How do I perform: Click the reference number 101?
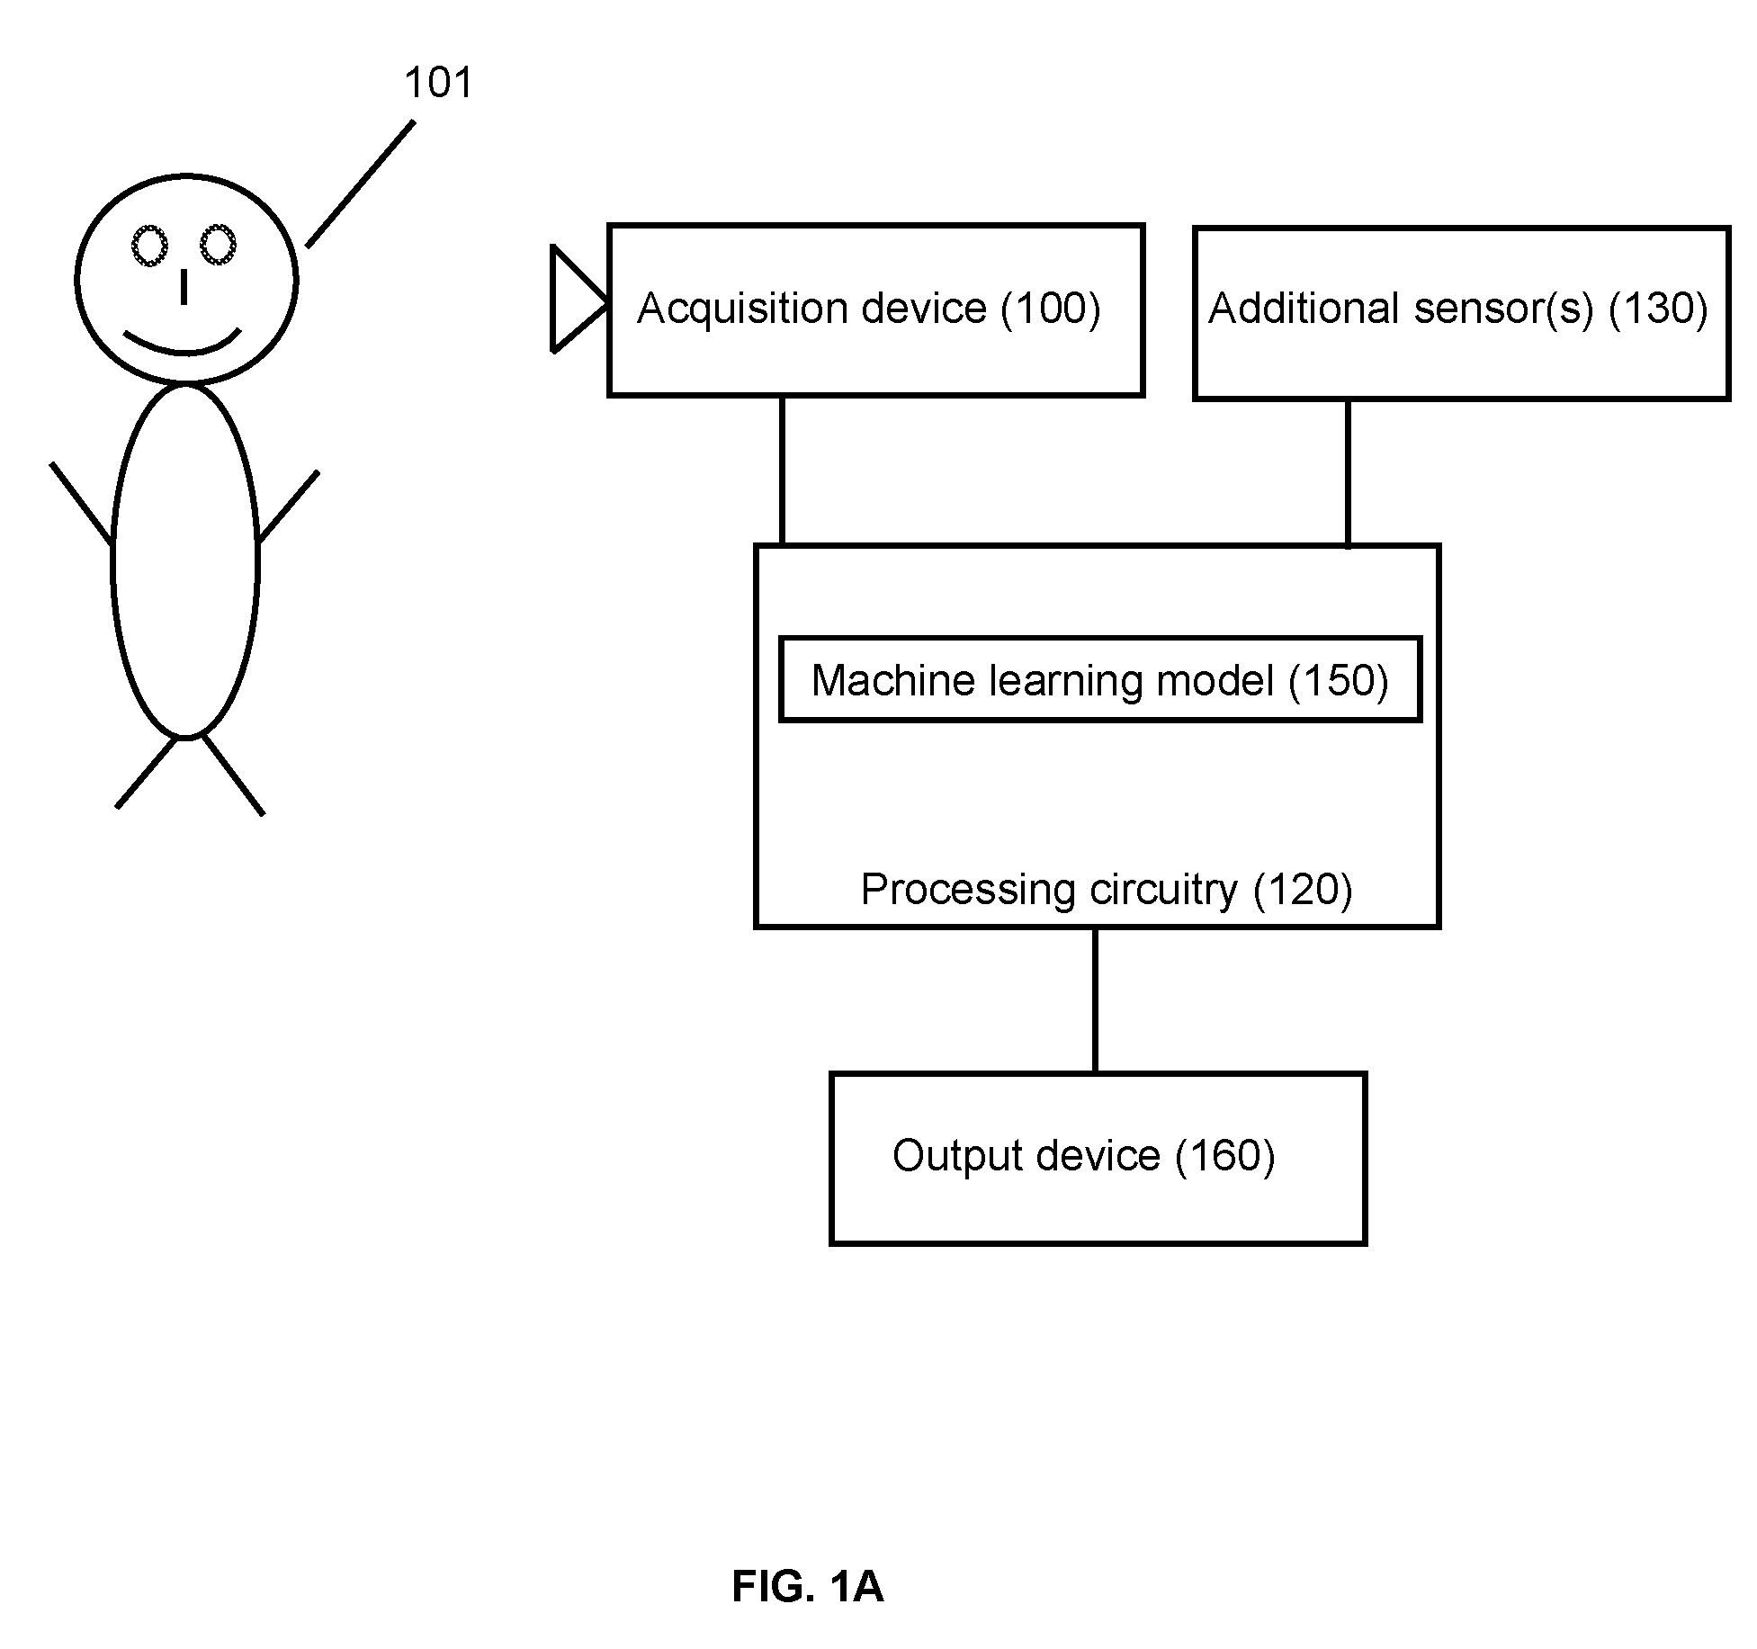pos(438,83)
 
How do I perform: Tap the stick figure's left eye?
pos(150,246)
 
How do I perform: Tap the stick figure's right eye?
pos(217,245)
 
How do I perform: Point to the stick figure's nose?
pos(184,286)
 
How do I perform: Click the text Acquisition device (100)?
pos(869,309)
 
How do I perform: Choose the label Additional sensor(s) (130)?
pos(1457,309)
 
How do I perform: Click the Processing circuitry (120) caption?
pos(1107,890)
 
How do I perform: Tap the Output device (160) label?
pos(1083,1156)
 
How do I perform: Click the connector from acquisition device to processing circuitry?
pos(782,470)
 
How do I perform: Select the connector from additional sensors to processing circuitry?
pos(1347,473)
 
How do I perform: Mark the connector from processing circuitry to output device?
pos(1095,999)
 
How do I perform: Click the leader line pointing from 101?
pos(360,184)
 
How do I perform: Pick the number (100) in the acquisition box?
pos(1051,309)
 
